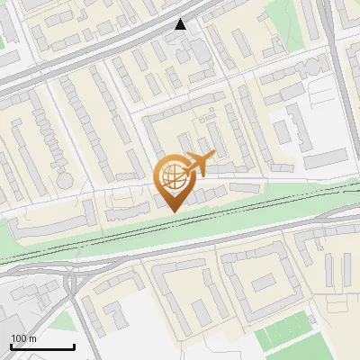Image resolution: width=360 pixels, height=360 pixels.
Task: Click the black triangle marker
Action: [x=181, y=24]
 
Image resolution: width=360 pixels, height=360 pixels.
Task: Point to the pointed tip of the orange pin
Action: [x=173, y=210]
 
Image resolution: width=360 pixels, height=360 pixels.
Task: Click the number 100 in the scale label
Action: [x=18, y=338]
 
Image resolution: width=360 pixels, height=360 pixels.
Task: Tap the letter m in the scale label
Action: [x=32, y=338]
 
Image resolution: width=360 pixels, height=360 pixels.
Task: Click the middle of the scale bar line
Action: [x=42, y=347]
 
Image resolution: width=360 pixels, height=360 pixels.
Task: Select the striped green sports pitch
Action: [x=288, y=338]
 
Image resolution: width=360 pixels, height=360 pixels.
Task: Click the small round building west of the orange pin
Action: [x=65, y=180]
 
